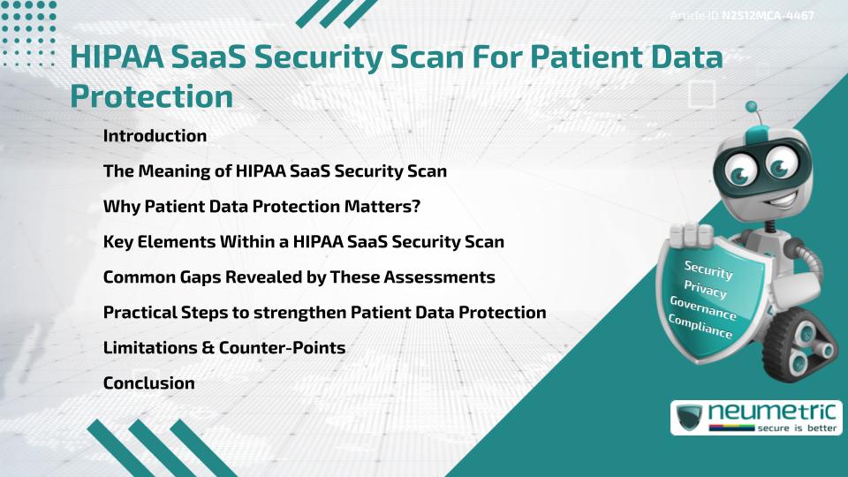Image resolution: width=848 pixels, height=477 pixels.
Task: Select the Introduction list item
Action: click(x=155, y=136)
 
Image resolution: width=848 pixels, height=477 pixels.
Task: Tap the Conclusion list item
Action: click(x=148, y=383)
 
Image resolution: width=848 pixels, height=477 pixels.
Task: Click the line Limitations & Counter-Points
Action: click(x=223, y=348)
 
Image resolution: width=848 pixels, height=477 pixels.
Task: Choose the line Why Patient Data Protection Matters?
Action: click(x=261, y=207)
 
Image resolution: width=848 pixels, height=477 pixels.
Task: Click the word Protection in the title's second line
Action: click(x=151, y=96)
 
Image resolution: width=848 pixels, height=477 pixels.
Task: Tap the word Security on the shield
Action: click(x=708, y=269)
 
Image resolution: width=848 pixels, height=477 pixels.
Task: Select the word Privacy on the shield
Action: click(x=705, y=289)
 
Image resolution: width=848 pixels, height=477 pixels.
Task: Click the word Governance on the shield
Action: click(x=703, y=308)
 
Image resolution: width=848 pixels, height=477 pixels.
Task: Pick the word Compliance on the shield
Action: click(x=700, y=326)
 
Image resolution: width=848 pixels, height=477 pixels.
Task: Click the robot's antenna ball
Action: click(x=753, y=108)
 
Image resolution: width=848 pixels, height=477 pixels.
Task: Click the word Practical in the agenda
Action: click(x=138, y=313)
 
